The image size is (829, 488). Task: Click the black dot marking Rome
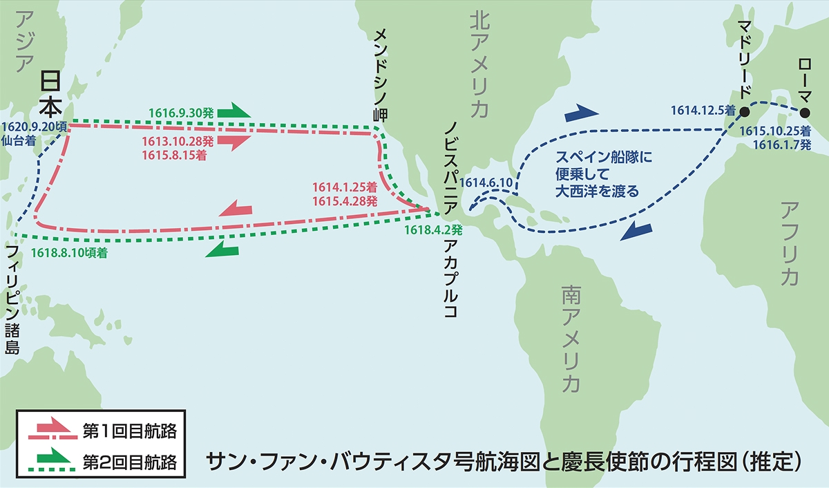coord(804,112)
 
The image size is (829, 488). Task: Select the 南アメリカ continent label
coord(571,339)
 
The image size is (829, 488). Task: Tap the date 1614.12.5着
coord(702,110)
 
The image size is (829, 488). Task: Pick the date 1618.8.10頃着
coord(69,254)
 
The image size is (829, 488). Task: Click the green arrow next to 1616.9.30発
coord(240,110)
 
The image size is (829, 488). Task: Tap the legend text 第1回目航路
coord(129,431)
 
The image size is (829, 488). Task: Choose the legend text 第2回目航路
coord(129,459)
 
